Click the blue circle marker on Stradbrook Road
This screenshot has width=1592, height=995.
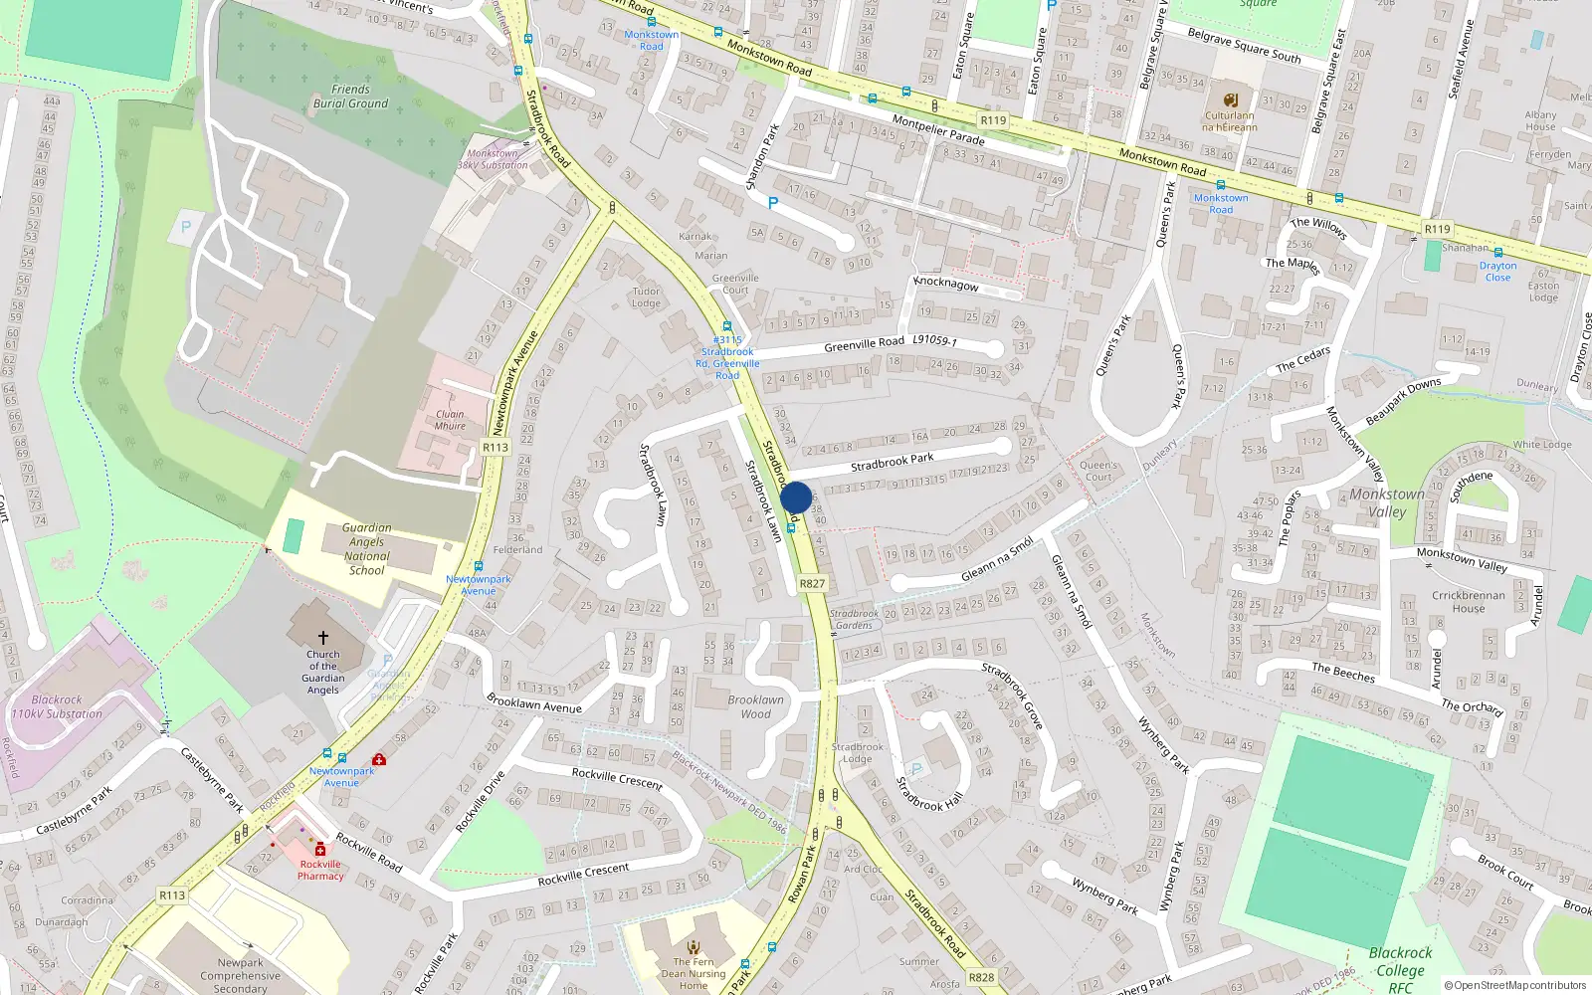[x=796, y=497]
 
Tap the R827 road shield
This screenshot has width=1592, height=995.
[x=812, y=584]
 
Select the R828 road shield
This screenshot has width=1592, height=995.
[x=981, y=977]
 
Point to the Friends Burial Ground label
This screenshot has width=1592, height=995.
[x=350, y=97]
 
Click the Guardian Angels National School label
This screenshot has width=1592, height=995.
[x=366, y=549]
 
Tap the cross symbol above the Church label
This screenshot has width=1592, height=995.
[x=322, y=638]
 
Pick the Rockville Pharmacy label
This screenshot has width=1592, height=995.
[x=320, y=870]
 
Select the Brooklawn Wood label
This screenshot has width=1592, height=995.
[x=755, y=706]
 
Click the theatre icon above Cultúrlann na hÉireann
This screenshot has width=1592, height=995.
[x=1230, y=99]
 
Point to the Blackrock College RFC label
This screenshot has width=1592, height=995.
[x=1400, y=969]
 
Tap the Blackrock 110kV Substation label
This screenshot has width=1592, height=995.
[x=57, y=706]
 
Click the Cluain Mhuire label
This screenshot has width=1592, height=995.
[x=450, y=420]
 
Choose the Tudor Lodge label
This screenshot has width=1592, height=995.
[x=646, y=298]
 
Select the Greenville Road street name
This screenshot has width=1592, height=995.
[x=864, y=344]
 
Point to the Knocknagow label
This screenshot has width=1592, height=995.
[x=946, y=284]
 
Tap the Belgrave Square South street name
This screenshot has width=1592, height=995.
[x=1244, y=46]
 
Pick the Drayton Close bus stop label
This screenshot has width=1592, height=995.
[x=1497, y=272]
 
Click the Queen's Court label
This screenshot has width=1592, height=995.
[x=1098, y=471]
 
